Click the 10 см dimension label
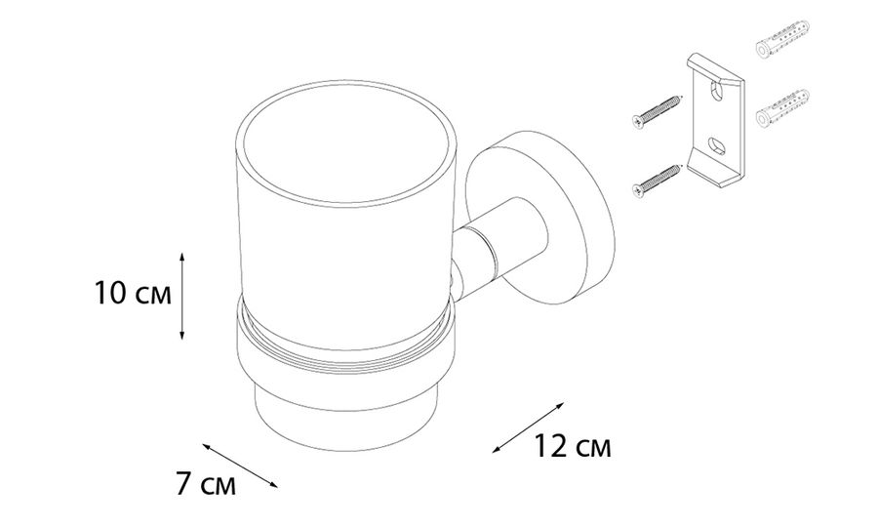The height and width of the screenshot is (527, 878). point(133,294)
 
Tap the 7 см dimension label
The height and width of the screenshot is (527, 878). point(206,484)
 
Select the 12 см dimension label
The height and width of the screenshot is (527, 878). point(572,446)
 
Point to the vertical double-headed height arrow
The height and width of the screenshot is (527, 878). point(181,296)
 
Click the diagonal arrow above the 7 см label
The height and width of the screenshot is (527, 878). point(240,466)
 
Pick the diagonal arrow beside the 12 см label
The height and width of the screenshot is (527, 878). point(528,426)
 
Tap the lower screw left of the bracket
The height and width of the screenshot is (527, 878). point(657,181)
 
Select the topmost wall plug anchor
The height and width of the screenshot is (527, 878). point(782,39)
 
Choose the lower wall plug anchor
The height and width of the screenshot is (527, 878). point(782,108)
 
